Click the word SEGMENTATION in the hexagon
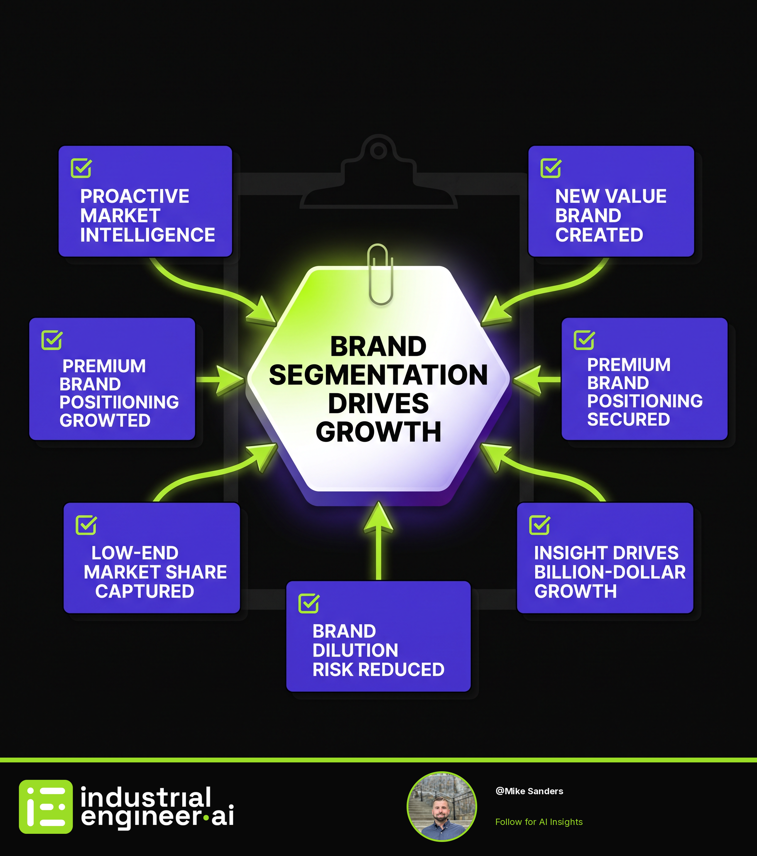click(x=378, y=374)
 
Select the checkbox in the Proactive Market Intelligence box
click(x=81, y=168)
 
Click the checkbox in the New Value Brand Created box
click(x=551, y=168)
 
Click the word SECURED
click(x=628, y=419)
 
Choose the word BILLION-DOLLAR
click(x=610, y=572)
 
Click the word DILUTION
click(x=355, y=650)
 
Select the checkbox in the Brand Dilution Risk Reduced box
click(x=309, y=603)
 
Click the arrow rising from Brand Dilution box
click(x=378, y=541)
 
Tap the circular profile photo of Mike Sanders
click(x=441, y=806)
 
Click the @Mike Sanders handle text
click(x=529, y=791)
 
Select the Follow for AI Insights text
click(x=539, y=822)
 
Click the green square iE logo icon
click(x=45, y=806)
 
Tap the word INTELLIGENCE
click(x=148, y=235)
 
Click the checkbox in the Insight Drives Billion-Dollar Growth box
click(x=539, y=525)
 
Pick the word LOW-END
click(x=135, y=553)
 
